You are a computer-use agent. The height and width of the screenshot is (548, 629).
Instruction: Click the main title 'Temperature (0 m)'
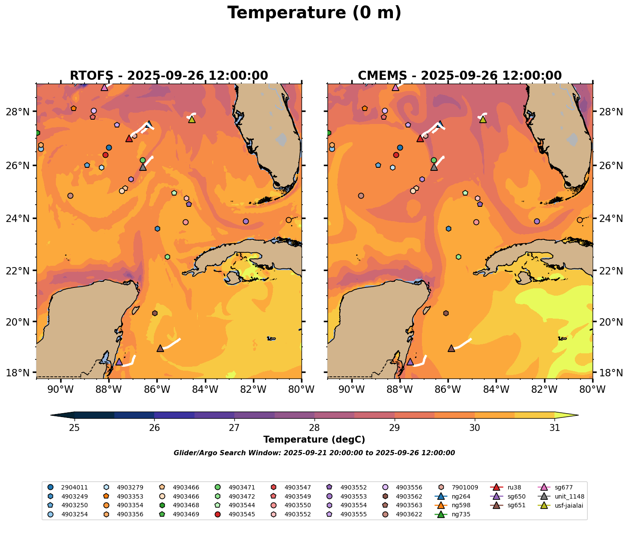[x=314, y=13]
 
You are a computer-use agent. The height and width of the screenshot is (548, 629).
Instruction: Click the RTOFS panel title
[x=169, y=76]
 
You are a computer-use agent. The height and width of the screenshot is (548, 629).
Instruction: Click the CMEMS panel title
[x=460, y=76]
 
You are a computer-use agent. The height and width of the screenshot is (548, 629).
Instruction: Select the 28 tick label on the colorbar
[x=314, y=428]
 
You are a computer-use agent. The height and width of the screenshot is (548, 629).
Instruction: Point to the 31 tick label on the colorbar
[x=554, y=428]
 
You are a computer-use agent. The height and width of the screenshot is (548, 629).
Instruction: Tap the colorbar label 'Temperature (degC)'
[x=314, y=440]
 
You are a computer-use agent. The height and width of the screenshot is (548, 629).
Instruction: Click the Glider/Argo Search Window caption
[x=314, y=453]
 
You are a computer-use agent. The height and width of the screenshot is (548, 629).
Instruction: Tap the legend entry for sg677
[x=563, y=487]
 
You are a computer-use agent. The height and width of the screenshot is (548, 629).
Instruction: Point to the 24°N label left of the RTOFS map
[x=21, y=219]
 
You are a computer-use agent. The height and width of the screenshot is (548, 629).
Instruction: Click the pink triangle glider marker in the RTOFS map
[x=104, y=87]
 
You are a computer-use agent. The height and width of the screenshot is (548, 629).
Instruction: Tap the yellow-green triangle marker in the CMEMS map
[x=483, y=119]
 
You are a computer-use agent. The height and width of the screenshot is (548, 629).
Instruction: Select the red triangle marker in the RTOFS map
[x=129, y=138]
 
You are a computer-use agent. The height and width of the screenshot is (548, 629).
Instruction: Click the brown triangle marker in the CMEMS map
[x=451, y=348]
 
